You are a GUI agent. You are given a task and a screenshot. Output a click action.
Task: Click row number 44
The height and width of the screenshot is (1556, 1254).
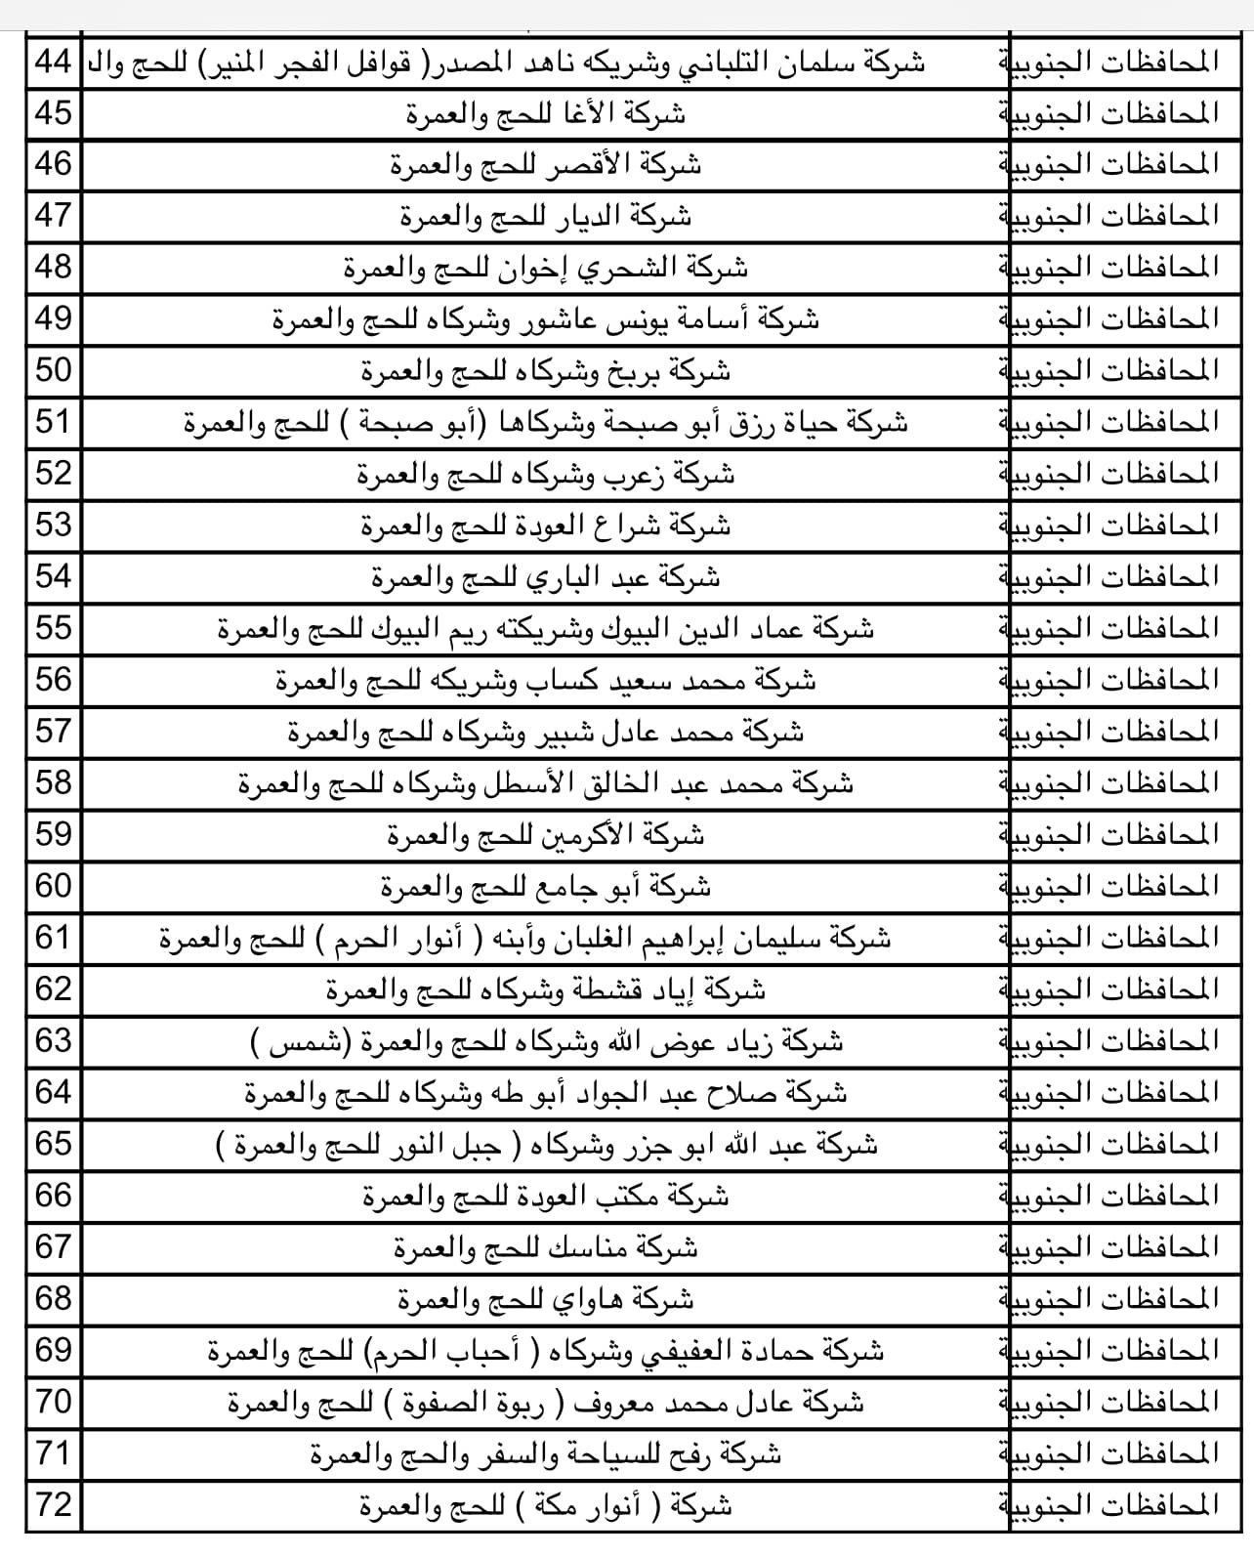tap(54, 63)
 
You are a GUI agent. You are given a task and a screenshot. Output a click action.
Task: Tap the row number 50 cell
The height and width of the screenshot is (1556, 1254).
tap(54, 371)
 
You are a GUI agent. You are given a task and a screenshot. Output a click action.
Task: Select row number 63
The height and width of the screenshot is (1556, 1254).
tap(54, 1041)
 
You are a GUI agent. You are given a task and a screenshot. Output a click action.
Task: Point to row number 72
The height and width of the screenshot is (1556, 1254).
tap(54, 1504)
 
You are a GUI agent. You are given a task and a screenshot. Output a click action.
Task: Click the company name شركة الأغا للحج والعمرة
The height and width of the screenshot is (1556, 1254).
tap(546, 114)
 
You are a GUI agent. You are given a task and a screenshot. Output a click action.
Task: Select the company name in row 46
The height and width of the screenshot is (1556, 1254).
tap(546, 165)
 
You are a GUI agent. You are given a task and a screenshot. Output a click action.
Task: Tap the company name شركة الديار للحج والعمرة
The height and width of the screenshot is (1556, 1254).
tap(546, 217)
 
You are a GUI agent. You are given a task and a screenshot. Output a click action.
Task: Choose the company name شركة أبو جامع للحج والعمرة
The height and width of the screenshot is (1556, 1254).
tap(546, 888)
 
